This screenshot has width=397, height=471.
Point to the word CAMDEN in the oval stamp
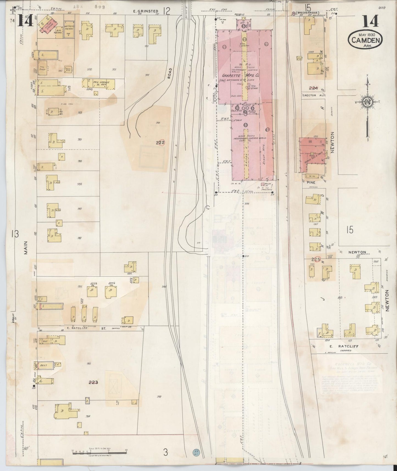pos(365,41)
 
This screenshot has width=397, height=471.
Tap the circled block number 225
pos(317,259)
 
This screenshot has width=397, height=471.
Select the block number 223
pos(93,382)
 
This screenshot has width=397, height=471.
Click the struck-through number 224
pos(313,88)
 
